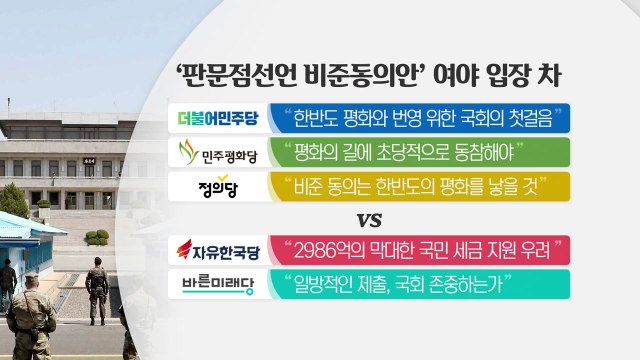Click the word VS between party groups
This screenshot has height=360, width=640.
tap(372, 218)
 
